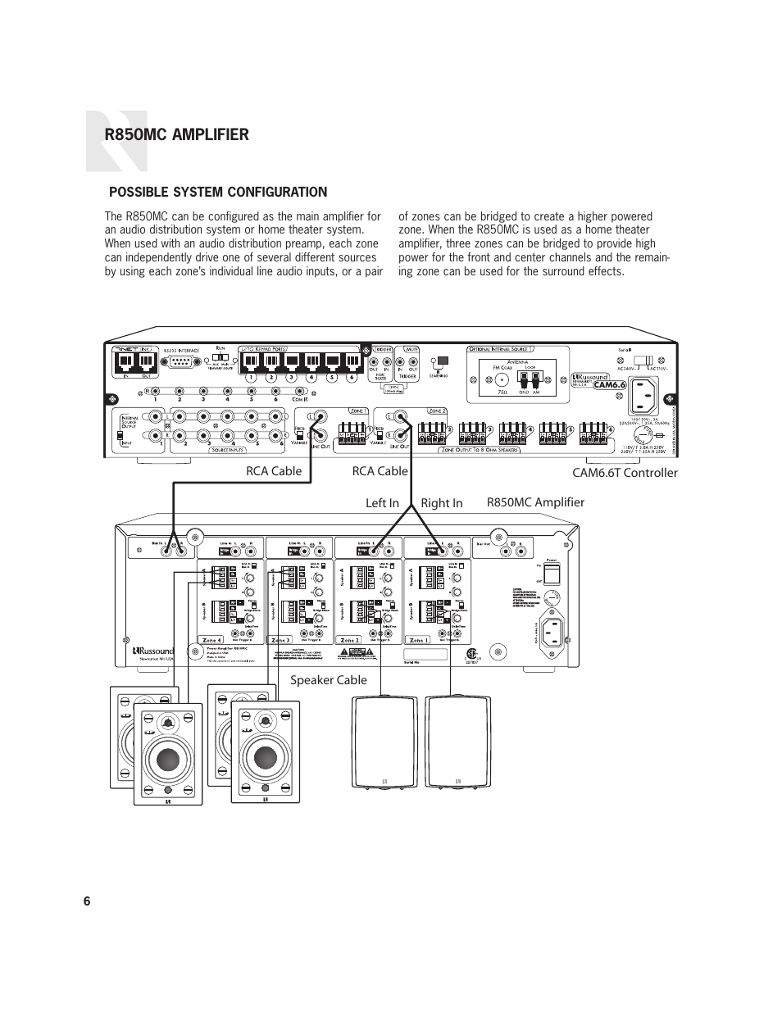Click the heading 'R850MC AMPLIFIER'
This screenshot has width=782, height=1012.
[176, 135]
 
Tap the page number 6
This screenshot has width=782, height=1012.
[87, 901]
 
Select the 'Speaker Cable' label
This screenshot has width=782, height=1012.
[328, 680]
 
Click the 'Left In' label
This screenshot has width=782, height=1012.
[382, 503]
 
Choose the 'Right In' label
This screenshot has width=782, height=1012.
[441, 503]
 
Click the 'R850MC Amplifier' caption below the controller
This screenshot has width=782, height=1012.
[535, 502]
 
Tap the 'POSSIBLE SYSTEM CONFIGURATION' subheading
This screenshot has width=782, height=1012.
[219, 193]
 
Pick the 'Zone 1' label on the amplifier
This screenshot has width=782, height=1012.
[418, 640]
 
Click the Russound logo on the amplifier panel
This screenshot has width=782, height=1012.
[153, 652]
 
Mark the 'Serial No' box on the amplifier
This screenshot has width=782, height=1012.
[425, 655]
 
